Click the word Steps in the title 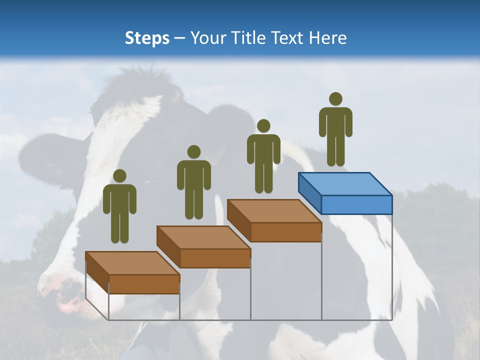click(x=147, y=38)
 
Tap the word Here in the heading click(x=327, y=38)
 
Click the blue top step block click(x=345, y=193)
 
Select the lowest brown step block click(x=132, y=272)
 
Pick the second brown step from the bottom click(x=203, y=246)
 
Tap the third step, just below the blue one click(x=274, y=220)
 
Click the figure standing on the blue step click(x=335, y=132)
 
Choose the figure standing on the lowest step click(x=119, y=210)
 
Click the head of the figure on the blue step click(x=335, y=99)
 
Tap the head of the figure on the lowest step click(x=119, y=176)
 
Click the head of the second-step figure click(x=193, y=152)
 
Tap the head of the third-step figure click(x=263, y=126)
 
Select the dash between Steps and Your click(x=180, y=38)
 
